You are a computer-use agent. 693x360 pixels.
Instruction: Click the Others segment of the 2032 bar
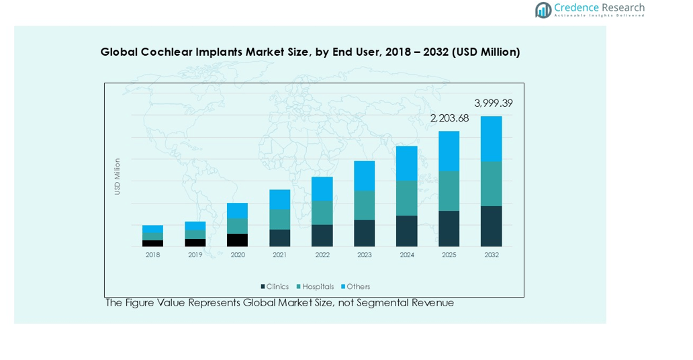point(491,139)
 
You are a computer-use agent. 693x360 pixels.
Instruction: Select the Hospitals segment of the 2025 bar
point(449,191)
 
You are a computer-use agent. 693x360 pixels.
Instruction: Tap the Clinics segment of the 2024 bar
point(406,231)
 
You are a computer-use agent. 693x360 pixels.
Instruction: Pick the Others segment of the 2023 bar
point(364,176)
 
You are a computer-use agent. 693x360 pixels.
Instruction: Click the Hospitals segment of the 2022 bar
point(322,213)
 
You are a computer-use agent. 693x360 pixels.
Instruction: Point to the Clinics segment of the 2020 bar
point(237,240)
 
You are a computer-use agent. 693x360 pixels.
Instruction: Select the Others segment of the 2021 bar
point(279,199)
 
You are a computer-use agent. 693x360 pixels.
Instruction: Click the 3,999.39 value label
point(493,103)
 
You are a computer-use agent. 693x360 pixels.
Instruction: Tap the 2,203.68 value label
point(449,118)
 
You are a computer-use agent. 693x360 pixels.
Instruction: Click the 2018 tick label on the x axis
point(152,255)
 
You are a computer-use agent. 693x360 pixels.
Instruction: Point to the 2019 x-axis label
point(195,255)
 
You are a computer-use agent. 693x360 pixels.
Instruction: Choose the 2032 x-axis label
point(491,255)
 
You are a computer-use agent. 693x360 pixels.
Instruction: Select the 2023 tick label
point(364,255)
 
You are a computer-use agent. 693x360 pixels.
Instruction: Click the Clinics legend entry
point(275,287)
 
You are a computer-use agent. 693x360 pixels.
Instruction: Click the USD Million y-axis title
point(118,177)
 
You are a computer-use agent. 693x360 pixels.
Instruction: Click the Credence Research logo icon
point(543,9)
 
